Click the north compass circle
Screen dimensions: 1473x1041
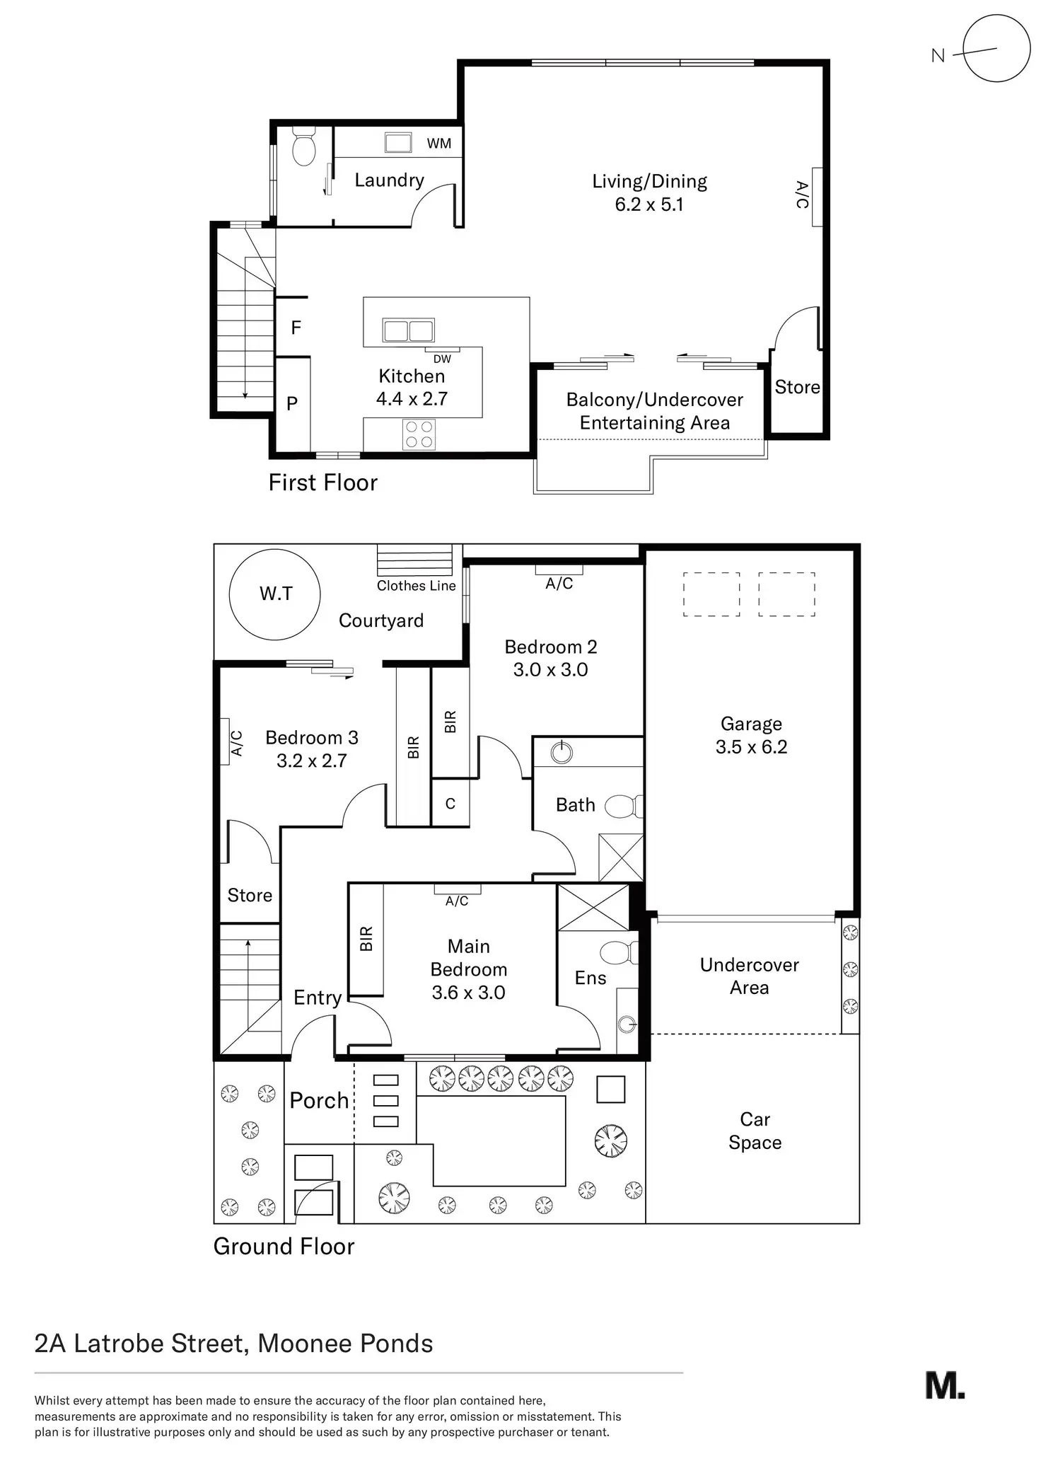click(996, 48)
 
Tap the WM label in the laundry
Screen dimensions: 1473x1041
click(438, 144)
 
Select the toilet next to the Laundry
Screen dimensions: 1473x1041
click(303, 148)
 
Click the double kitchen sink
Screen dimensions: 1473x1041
click(408, 330)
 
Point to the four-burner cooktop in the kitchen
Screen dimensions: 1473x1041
click(419, 434)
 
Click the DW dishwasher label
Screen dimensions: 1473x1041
click(442, 359)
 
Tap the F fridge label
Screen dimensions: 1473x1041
click(296, 328)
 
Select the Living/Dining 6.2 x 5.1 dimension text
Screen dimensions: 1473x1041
click(649, 204)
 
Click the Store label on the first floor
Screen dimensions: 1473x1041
click(797, 387)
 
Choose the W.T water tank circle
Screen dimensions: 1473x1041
click(275, 594)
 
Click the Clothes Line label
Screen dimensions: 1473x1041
click(416, 586)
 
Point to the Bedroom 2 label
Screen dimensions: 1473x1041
click(550, 647)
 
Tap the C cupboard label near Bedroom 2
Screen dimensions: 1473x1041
click(450, 804)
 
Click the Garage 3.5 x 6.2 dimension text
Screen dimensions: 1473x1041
click(751, 747)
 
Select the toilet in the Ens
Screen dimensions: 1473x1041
click(619, 952)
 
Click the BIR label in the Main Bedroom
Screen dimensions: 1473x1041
click(366, 938)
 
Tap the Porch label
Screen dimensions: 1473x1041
click(319, 1101)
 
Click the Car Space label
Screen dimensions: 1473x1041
click(755, 1131)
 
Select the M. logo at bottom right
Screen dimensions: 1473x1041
click(944, 1385)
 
